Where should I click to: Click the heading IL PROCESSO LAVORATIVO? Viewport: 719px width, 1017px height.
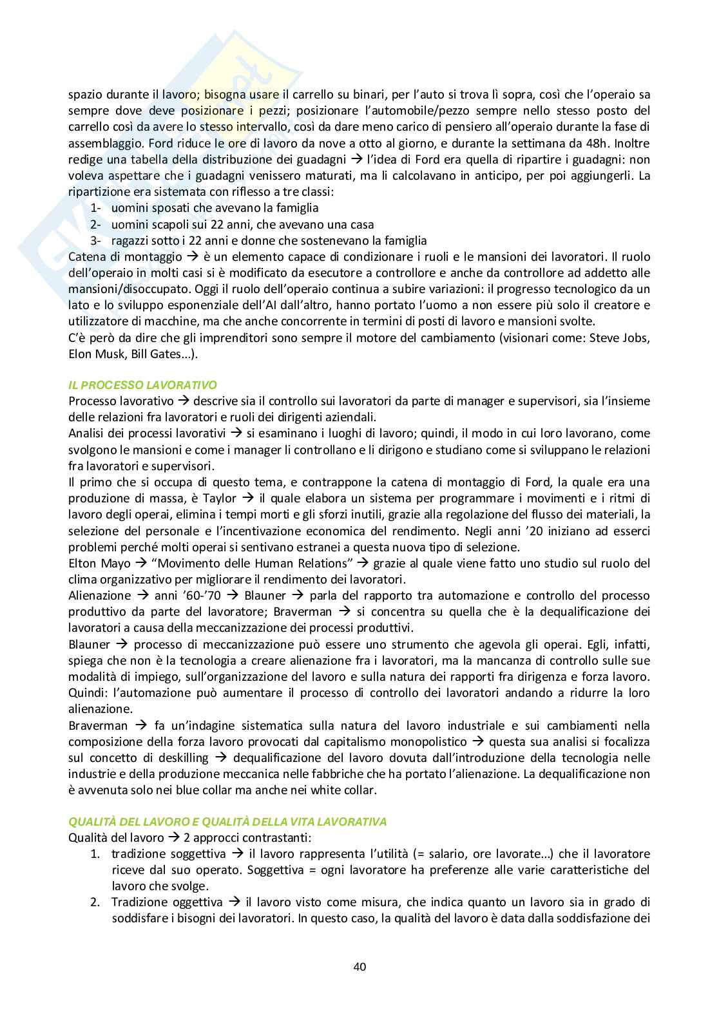point(142,386)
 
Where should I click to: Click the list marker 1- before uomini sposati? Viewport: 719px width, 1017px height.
point(95,208)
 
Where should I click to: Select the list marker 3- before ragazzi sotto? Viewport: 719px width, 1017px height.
point(95,240)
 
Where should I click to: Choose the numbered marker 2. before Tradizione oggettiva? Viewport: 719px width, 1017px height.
point(95,902)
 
